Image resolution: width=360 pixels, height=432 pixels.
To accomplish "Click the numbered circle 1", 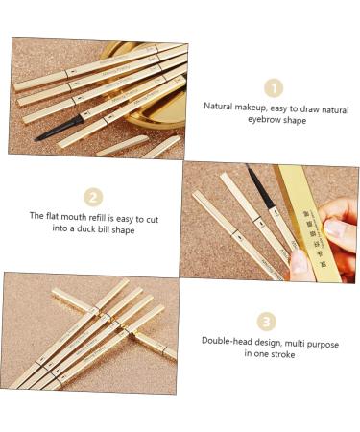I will point(274,87).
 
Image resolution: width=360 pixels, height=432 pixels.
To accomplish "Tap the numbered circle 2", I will point(93,197).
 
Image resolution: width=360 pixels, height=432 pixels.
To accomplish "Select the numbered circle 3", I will point(267,321).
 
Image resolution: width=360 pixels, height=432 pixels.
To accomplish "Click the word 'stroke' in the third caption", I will point(280,354).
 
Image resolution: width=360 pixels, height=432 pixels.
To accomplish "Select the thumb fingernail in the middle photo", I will point(334,230).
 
